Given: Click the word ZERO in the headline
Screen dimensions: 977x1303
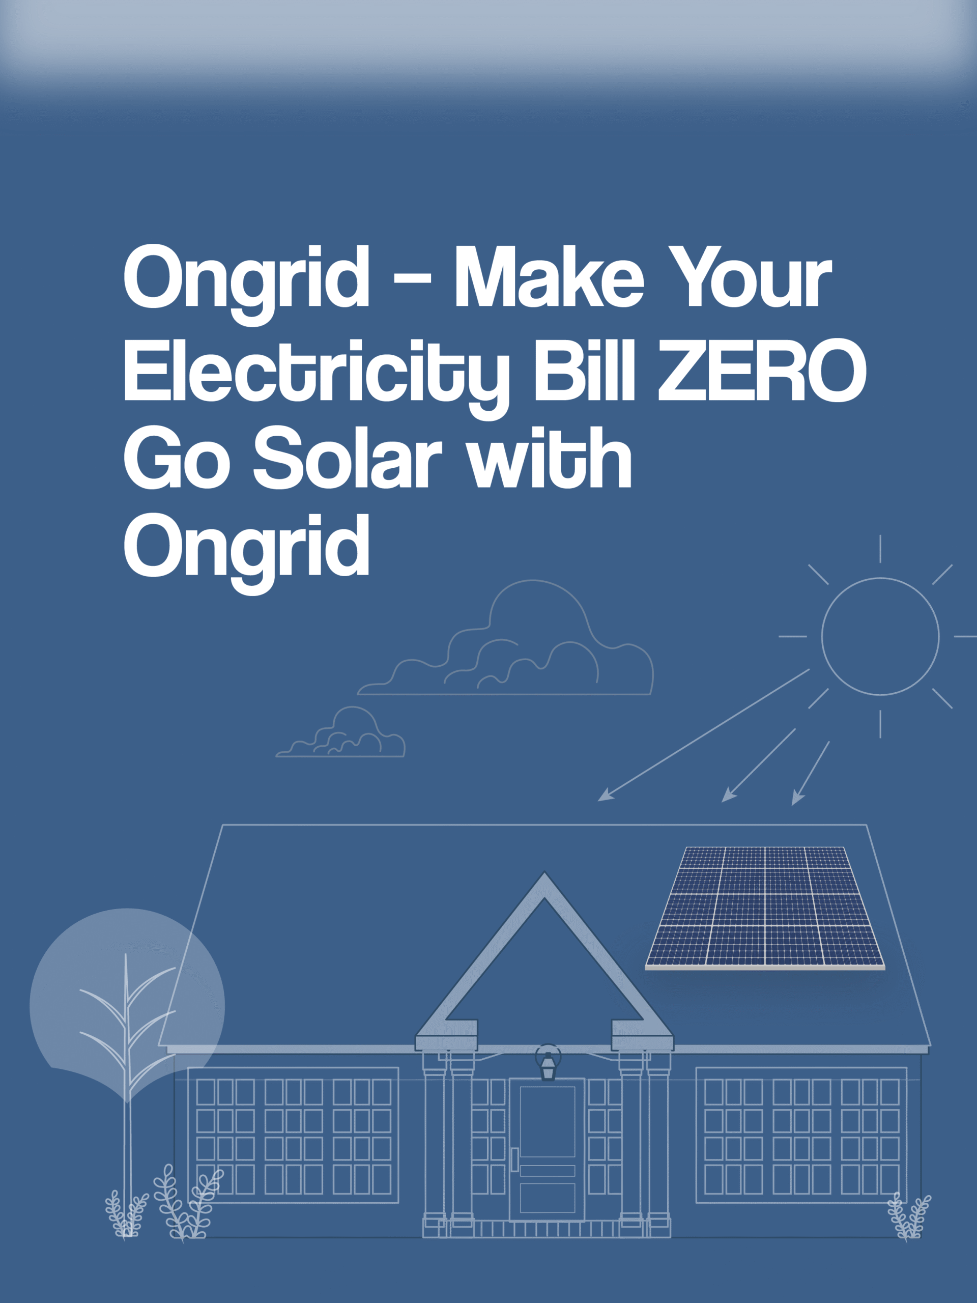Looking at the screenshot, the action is point(762,370).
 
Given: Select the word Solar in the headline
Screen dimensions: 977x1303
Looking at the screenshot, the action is point(348,457).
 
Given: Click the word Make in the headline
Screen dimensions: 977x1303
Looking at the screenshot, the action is point(550,276).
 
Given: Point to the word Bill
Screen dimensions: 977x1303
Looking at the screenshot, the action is point(584,370).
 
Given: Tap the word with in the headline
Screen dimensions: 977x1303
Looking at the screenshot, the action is point(549,457).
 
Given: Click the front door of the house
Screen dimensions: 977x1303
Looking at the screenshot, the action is point(547,1149).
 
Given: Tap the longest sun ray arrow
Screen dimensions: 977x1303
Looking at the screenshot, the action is point(704,735).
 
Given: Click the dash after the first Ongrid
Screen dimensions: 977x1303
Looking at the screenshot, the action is point(412,277).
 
